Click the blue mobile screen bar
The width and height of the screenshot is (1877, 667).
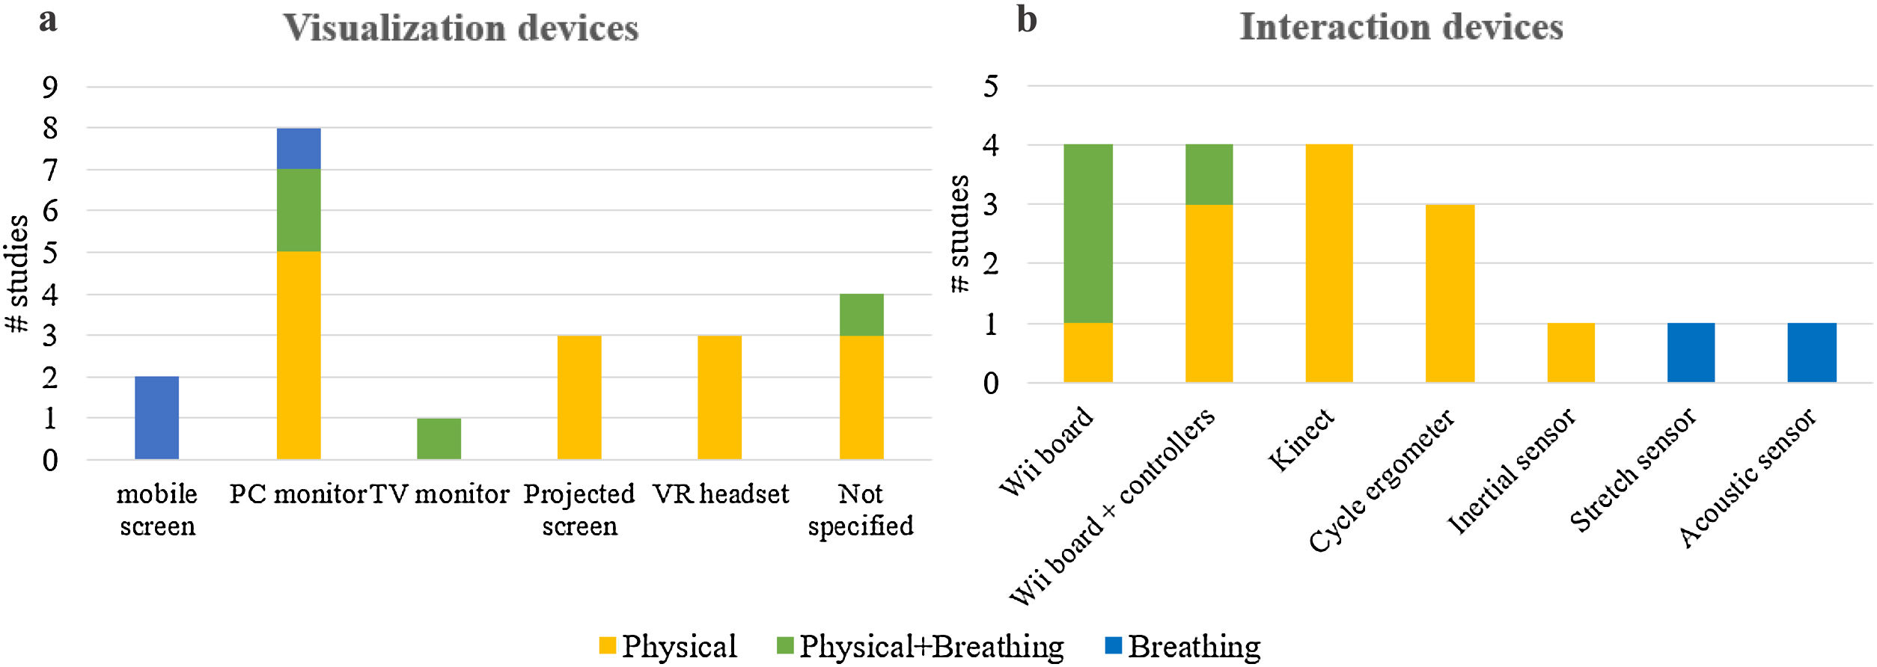156,417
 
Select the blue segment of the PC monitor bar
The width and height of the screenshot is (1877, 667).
299,148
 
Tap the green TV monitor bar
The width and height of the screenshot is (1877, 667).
439,438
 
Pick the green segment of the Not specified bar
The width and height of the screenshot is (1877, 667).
861,315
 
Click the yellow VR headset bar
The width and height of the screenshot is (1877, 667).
719,397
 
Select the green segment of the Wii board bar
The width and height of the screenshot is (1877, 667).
1087,233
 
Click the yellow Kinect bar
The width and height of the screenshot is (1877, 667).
1329,263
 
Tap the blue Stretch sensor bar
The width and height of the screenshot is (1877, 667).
1691,352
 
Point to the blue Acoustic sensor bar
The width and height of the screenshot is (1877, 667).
1812,352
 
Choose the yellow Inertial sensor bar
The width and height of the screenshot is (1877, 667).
1571,352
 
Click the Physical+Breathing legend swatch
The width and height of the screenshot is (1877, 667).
785,645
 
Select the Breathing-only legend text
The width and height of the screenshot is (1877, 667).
1194,646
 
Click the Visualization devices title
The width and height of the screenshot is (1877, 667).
460,28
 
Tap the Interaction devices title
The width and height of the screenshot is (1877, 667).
1401,27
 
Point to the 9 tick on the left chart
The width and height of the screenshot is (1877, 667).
49,87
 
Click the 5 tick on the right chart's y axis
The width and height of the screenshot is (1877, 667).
991,86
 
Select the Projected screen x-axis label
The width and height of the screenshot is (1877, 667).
579,509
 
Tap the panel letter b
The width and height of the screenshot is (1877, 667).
1027,19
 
